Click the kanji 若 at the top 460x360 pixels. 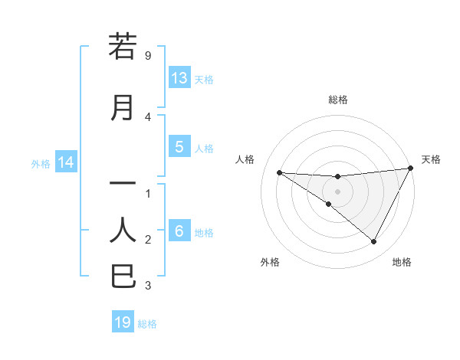[123, 47]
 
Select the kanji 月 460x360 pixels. [123, 108]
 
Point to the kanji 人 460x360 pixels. [123, 229]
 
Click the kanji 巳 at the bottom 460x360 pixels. [123, 276]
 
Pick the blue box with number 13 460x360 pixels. [179, 78]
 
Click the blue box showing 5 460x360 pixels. [179, 147]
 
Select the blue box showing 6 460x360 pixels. [179, 231]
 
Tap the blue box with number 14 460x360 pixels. [65, 162]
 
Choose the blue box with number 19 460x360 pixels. [123, 322]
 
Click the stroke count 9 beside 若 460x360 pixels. [147, 56]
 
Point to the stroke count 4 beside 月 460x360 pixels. [147, 117]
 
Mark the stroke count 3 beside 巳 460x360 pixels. [147, 286]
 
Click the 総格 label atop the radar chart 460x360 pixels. [338, 100]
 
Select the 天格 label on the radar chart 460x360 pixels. [431, 159]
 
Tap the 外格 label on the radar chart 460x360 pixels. [270, 262]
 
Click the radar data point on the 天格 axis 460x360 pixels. [412, 169]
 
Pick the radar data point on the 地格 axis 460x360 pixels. [374, 242]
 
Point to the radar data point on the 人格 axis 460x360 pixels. [279, 172]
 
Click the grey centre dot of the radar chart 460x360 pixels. [338, 191]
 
